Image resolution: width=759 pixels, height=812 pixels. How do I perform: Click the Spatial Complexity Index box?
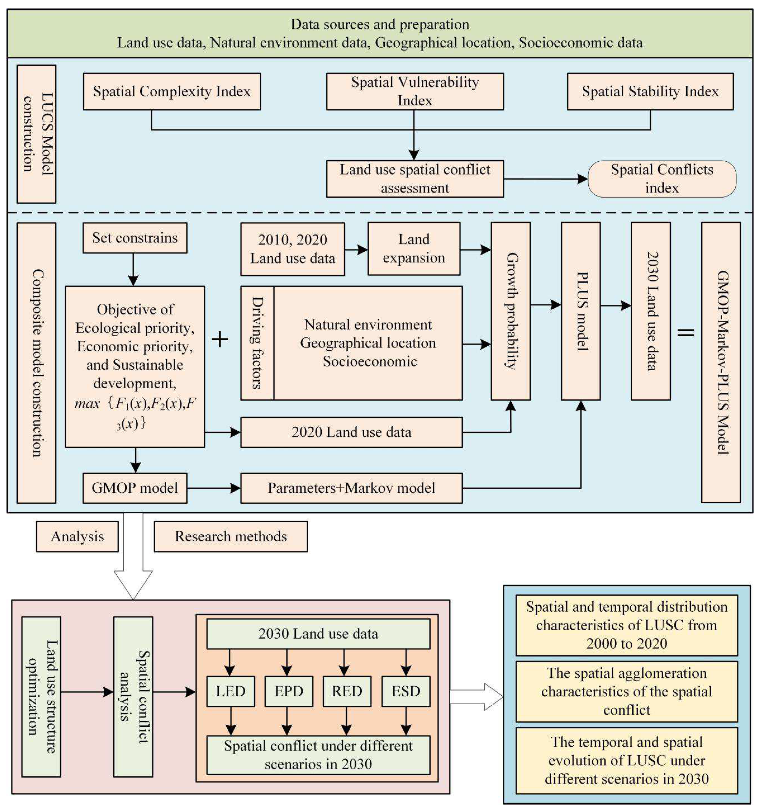171,92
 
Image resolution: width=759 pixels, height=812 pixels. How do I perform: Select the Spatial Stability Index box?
650,92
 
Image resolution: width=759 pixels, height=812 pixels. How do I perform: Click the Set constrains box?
135,238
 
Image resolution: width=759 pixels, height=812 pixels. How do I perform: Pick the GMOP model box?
135,488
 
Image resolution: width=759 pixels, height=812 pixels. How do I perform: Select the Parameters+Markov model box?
351,488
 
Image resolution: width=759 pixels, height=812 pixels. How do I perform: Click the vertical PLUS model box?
581,311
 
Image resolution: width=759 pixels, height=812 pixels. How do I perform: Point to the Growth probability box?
510,311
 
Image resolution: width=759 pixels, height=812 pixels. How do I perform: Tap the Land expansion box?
413,248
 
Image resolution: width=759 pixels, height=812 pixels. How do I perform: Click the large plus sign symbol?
220,339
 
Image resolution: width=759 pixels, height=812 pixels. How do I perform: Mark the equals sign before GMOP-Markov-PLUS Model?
686,332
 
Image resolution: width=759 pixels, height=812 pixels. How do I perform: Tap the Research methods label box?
231,536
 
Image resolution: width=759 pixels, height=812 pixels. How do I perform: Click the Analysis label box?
77,536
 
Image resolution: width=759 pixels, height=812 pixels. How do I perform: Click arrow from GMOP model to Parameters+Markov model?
214,488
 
